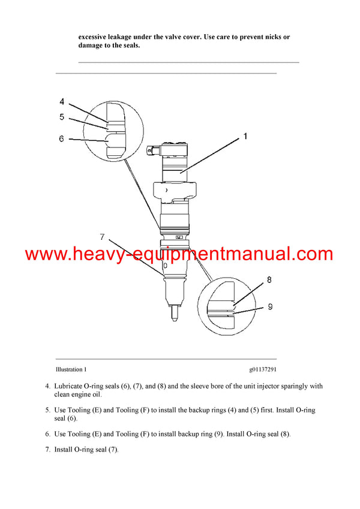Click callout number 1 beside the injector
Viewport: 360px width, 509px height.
pos(245,137)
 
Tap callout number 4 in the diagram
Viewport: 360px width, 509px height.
pos(62,102)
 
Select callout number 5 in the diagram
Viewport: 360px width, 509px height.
pos(62,117)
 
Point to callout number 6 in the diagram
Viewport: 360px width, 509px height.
pos(61,138)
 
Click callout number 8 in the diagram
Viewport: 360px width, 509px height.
pos(269,280)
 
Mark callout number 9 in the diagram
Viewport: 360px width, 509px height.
pos(270,306)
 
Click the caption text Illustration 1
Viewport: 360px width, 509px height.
pos(71,370)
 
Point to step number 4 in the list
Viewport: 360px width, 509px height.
pos(48,386)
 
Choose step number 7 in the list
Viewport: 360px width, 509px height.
pos(48,448)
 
